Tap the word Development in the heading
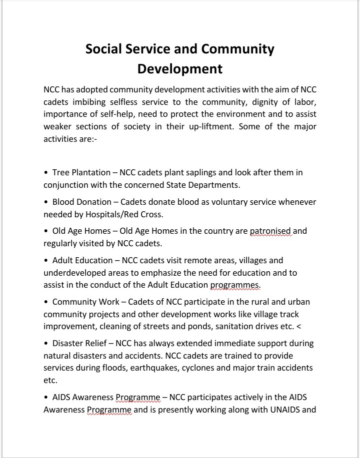pyautogui.click(x=180, y=68)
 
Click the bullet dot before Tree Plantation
pyautogui.click(x=46, y=173)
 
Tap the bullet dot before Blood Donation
pyautogui.click(x=46, y=202)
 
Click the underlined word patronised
pyautogui.click(x=270, y=231)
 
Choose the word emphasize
pyautogui.click(x=192, y=273)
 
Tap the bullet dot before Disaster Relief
pyautogui.click(x=46, y=344)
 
